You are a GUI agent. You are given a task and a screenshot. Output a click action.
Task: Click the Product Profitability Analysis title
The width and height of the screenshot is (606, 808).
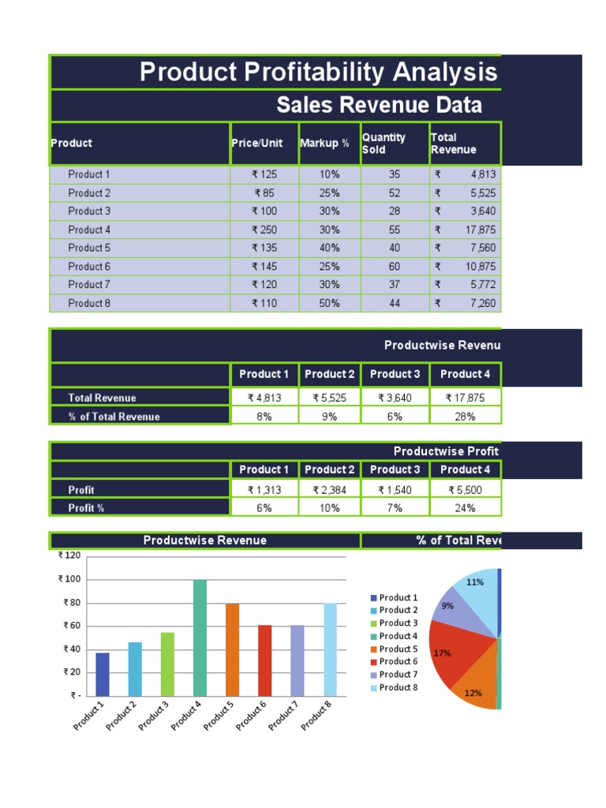(318, 73)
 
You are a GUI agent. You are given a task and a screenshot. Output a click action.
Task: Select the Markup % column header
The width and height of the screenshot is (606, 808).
(324, 144)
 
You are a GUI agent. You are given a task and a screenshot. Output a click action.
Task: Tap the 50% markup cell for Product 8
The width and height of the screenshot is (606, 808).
(329, 303)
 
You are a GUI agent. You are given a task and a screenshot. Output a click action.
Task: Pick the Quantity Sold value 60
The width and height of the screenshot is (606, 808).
(395, 267)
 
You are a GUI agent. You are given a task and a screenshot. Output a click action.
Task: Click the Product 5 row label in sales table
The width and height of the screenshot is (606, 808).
(89, 248)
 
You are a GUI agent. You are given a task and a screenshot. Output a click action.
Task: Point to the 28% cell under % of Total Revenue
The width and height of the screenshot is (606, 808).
(465, 417)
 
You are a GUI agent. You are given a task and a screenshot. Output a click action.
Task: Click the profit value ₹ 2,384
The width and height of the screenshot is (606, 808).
(329, 490)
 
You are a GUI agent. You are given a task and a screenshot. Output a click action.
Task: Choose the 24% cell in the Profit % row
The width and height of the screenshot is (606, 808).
(465, 508)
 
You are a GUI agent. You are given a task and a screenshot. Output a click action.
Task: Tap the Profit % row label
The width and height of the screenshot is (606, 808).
(86, 508)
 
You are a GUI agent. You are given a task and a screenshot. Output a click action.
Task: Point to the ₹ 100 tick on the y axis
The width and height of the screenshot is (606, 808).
(70, 579)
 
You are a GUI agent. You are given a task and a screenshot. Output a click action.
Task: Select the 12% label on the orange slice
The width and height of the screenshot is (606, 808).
(473, 693)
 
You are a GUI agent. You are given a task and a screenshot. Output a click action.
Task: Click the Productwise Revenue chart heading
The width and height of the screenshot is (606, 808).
(204, 541)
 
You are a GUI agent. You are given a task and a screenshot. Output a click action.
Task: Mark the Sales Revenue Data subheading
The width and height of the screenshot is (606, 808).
(379, 106)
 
